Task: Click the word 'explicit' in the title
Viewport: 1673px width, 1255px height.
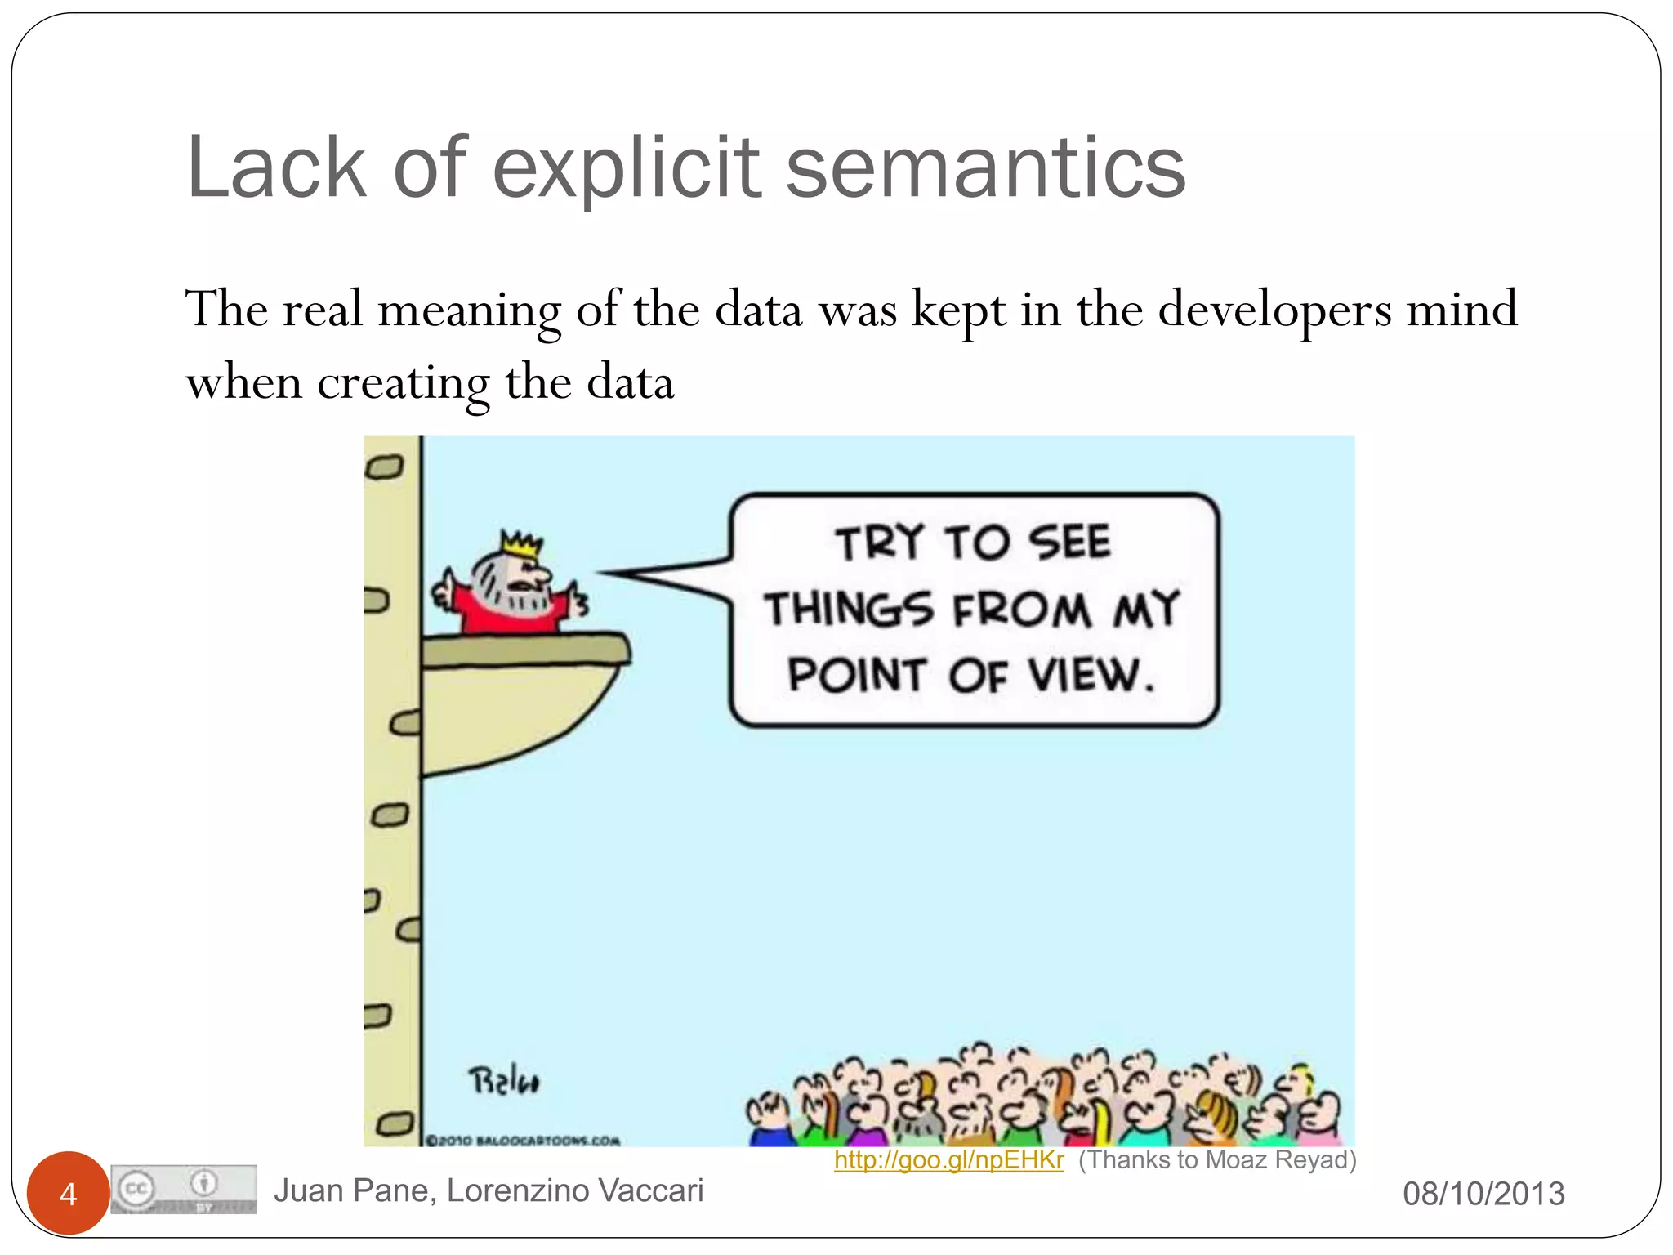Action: pyautogui.click(x=627, y=169)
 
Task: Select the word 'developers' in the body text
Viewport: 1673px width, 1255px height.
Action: pyautogui.click(x=1274, y=310)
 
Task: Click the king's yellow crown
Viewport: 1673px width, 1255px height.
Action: pyautogui.click(x=521, y=544)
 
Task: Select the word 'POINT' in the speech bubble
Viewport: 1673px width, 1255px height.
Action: pyautogui.click(x=856, y=677)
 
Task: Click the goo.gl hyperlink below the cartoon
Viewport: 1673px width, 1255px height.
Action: pyautogui.click(x=948, y=1159)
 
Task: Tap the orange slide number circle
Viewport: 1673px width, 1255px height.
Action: pyautogui.click(x=68, y=1193)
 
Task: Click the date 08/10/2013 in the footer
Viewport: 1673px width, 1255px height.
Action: pyautogui.click(x=1483, y=1194)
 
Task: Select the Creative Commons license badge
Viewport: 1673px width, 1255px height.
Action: pyautogui.click(x=184, y=1189)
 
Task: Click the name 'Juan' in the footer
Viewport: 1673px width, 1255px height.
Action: pyautogui.click(x=308, y=1190)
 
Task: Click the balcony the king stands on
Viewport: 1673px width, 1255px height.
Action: pyautogui.click(x=523, y=694)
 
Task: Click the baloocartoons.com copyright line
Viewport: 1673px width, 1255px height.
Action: pyautogui.click(x=524, y=1140)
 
